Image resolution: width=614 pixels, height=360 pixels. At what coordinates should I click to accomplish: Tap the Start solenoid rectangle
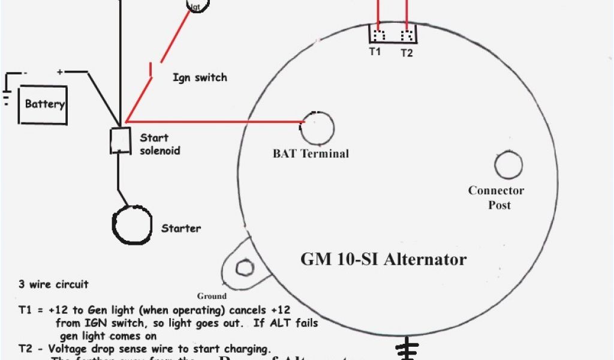[120, 140]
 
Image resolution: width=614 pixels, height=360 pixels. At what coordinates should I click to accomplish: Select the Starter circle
[132, 224]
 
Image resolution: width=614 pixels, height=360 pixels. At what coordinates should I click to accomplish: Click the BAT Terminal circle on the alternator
[318, 127]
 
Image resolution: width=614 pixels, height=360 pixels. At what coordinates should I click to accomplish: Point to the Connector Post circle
[508, 164]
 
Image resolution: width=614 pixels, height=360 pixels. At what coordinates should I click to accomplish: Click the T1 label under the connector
[375, 52]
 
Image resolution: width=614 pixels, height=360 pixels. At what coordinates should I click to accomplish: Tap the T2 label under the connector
[407, 53]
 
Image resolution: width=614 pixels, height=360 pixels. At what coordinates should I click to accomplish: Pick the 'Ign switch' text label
[200, 77]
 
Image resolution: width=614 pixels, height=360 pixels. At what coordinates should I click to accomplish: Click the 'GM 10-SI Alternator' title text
[383, 259]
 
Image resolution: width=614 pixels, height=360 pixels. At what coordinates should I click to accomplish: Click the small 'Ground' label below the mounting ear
[212, 296]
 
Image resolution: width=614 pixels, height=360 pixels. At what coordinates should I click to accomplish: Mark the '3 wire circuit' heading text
[53, 284]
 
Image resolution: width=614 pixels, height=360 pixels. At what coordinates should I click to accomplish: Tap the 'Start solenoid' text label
[159, 144]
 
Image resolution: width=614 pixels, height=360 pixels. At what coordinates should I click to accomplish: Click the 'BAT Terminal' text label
[311, 154]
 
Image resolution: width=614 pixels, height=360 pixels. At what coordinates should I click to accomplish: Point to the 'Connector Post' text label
[496, 197]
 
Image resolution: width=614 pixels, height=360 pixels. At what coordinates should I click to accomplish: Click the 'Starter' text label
[181, 228]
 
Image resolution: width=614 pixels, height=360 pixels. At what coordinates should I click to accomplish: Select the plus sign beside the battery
[60, 72]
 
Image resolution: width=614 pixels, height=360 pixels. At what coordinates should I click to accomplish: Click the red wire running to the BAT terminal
[216, 121]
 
